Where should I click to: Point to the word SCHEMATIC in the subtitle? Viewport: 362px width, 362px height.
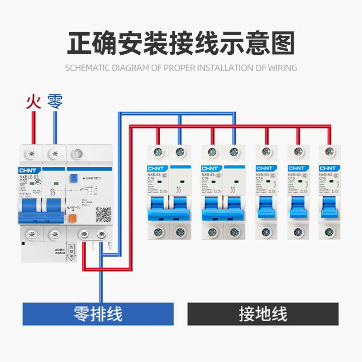86,68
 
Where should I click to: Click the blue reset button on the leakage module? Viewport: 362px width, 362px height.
74,179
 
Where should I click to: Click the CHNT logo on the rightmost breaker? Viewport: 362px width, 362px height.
328,168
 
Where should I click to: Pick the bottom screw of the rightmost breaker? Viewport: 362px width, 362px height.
330,233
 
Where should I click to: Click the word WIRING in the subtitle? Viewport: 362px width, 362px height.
282,68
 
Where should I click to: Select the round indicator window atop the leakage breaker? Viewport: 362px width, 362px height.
78,153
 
